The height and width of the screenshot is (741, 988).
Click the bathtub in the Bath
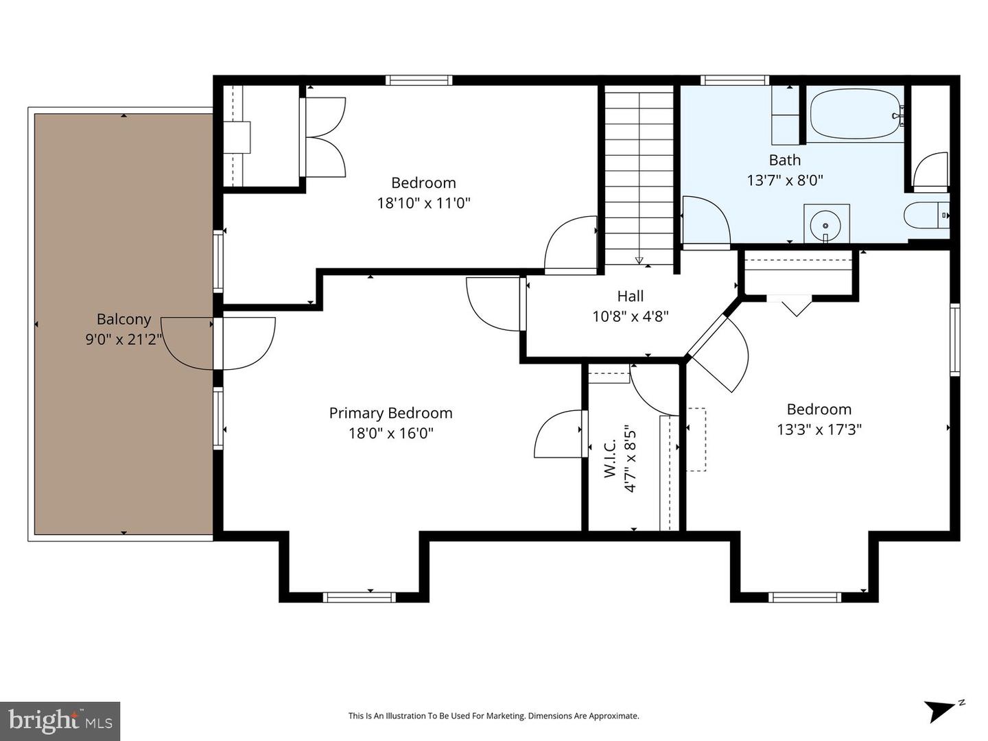click(x=855, y=115)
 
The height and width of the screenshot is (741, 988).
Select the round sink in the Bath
click(x=826, y=224)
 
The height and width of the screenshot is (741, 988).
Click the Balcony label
click(x=123, y=319)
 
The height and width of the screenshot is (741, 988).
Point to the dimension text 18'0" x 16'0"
click(x=390, y=433)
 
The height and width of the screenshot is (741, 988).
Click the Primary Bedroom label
click(x=390, y=413)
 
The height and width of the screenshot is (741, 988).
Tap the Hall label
click(x=630, y=296)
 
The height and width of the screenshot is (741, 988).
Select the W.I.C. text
click(x=611, y=458)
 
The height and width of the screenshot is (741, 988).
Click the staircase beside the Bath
click(x=639, y=175)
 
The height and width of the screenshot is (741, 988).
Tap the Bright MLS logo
click(x=60, y=720)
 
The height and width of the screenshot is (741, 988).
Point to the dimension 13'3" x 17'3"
click(x=819, y=430)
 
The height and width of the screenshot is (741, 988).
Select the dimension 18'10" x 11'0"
click(x=423, y=203)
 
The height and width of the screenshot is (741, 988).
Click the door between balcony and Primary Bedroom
click(x=218, y=343)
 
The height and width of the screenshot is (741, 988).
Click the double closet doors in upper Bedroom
click(x=322, y=137)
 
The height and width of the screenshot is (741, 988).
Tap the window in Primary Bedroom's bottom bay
click(x=360, y=597)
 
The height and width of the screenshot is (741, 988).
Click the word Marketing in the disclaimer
click(x=506, y=716)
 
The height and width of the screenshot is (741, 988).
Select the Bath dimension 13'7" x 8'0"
click(x=785, y=180)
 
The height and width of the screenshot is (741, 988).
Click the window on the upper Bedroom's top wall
click(x=419, y=80)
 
